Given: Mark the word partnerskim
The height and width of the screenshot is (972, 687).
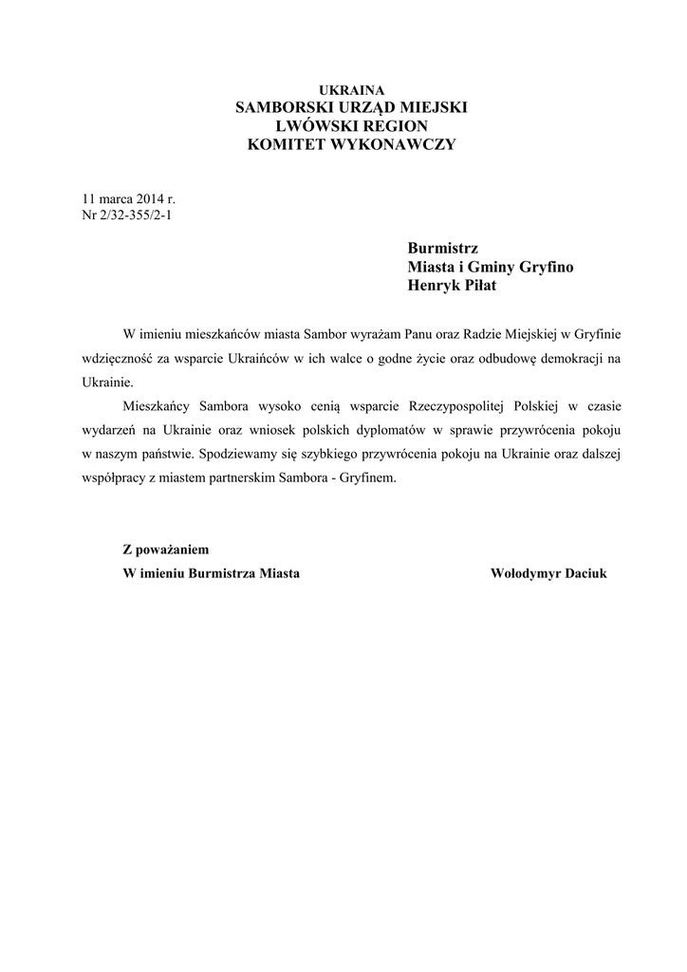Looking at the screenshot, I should (261, 478).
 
